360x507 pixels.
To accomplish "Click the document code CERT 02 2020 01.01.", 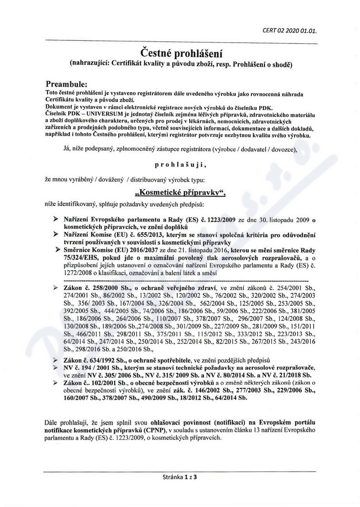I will click(x=289, y=31).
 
